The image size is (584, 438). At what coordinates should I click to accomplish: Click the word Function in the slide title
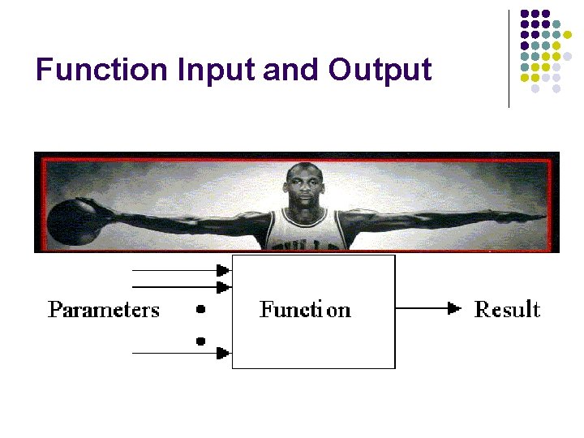pyautogui.click(x=102, y=70)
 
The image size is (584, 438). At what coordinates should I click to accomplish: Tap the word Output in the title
pyautogui.click(x=380, y=70)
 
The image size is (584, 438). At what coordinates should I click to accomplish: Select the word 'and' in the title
pyautogui.click(x=292, y=70)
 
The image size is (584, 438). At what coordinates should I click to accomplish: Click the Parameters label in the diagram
pyautogui.click(x=104, y=310)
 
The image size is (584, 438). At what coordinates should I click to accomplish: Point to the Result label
pyautogui.click(x=507, y=309)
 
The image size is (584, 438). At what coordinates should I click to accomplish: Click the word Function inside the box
pyautogui.click(x=305, y=309)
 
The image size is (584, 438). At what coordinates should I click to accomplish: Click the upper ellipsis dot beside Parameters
pyautogui.click(x=200, y=309)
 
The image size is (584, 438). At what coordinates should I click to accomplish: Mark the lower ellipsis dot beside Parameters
pyautogui.click(x=200, y=341)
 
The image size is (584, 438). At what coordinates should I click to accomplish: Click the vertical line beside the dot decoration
pyautogui.click(x=509, y=58)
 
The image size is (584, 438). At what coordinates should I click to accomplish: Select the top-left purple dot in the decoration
pyautogui.click(x=524, y=15)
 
